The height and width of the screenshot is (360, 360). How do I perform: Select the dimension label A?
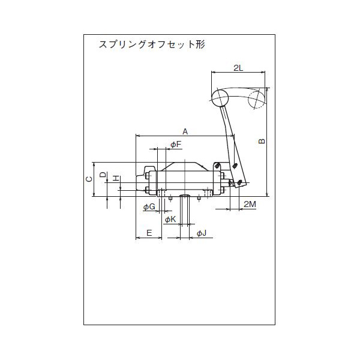tap(185, 131)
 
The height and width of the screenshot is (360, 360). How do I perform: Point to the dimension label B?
tap(262, 142)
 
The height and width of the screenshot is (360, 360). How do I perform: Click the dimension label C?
tap(88, 179)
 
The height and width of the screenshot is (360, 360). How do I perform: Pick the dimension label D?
tap(103, 175)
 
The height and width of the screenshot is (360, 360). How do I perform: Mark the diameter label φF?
tap(175, 145)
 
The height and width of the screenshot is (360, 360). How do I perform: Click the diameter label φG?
tap(149, 207)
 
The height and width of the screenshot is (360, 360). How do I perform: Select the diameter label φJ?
tap(202, 232)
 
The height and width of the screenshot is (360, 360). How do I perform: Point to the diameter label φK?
tap(170, 220)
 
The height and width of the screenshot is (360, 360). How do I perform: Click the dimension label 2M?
tap(250, 204)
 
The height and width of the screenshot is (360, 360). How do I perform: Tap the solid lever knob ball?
tap(220, 97)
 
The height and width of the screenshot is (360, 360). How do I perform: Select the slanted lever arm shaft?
tap(229, 133)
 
